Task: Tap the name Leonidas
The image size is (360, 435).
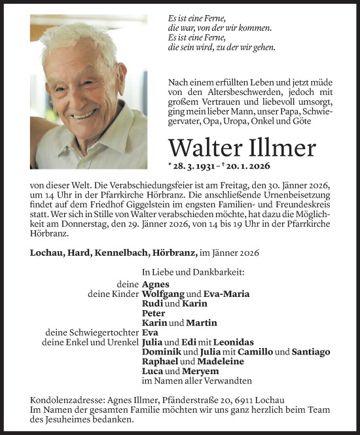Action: (x=234, y=342)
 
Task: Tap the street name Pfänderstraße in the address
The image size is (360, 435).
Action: (x=192, y=400)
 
